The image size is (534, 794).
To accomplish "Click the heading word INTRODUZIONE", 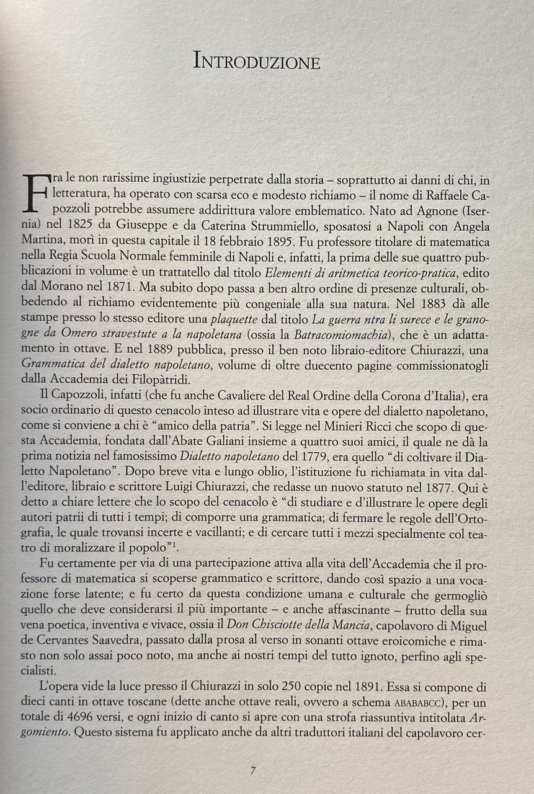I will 257,61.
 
